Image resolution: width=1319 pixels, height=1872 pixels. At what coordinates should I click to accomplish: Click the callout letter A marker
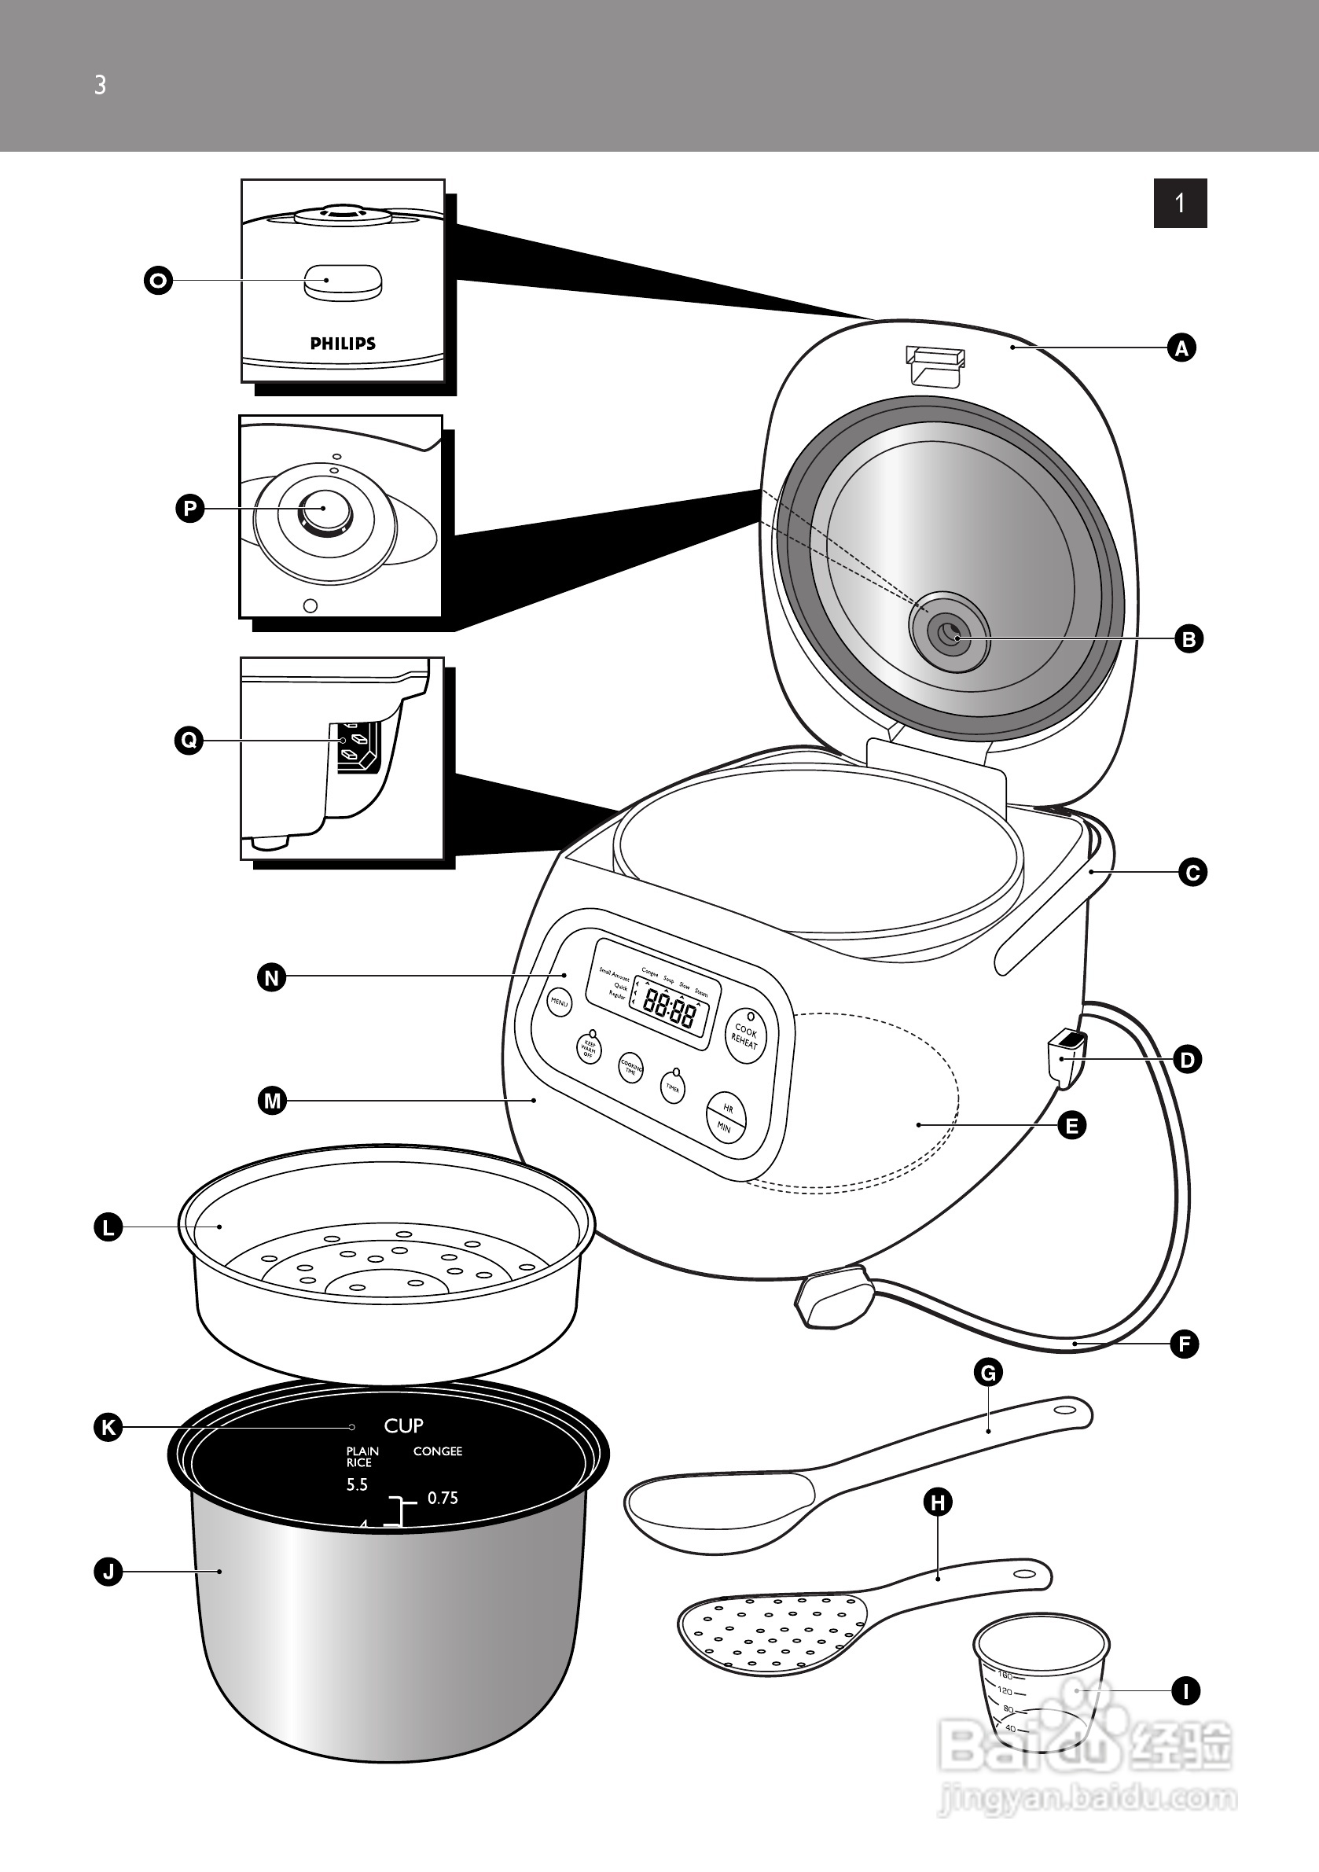(1181, 348)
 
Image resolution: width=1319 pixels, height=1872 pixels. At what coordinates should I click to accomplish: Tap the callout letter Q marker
(189, 741)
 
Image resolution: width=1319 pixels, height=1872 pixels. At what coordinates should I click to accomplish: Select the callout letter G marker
(988, 1373)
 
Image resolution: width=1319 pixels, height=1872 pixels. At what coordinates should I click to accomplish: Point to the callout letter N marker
(272, 977)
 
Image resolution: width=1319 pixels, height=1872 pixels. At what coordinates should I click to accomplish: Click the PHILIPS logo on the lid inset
(343, 344)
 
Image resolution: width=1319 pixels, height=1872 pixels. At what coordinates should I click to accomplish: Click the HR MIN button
(726, 1118)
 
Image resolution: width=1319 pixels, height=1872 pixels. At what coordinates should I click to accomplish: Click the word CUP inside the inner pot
(403, 1426)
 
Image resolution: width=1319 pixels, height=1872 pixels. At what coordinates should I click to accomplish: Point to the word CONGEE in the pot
(437, 1451)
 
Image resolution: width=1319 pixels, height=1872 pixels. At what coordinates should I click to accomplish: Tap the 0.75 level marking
(443, 1498)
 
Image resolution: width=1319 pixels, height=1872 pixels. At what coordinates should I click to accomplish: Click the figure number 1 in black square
(1180, 203)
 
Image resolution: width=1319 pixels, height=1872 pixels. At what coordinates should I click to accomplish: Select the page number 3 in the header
(101, 85)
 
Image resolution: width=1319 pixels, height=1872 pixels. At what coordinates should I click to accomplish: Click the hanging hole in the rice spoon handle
(1064, 1410)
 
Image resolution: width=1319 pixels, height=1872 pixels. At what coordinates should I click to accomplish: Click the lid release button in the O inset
(343, 282)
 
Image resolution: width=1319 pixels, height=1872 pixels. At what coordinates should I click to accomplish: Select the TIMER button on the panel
(673, 1087)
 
